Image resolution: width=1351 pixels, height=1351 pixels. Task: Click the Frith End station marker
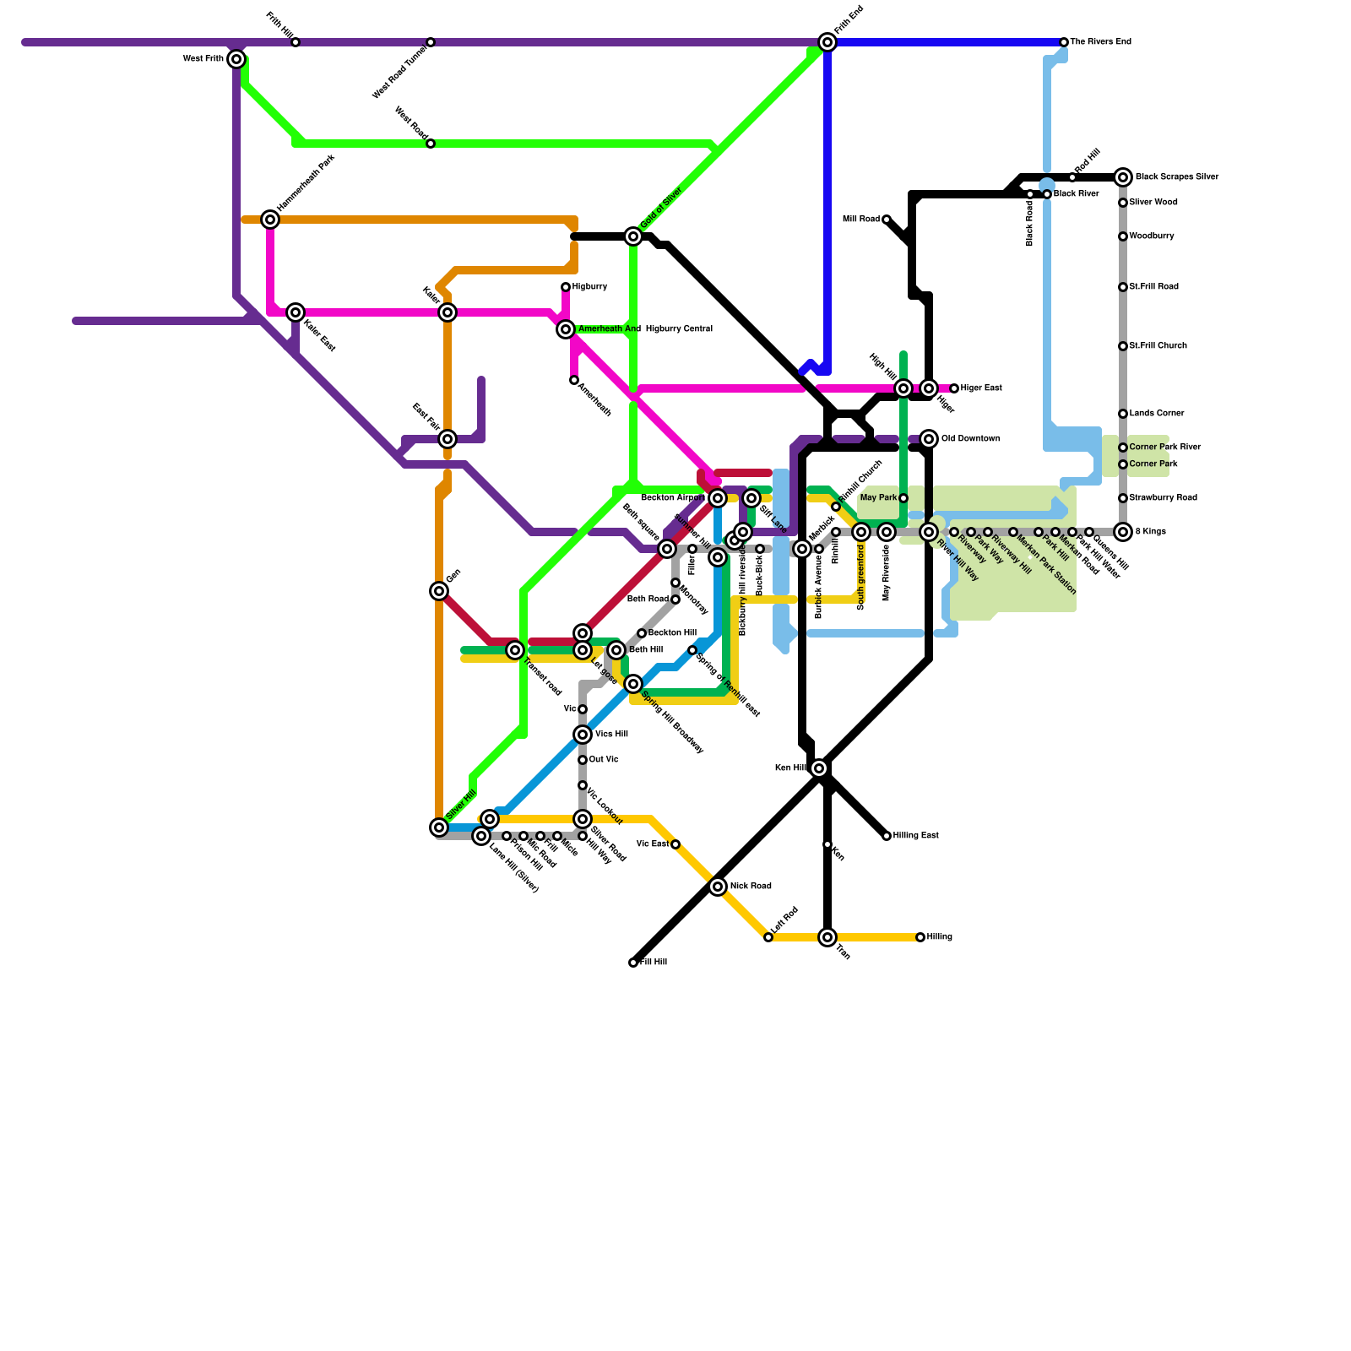[x=827, y=42]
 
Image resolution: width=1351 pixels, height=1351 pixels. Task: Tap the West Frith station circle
[x=236, y=59]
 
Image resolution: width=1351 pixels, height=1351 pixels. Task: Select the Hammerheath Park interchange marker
[x=270, y=220]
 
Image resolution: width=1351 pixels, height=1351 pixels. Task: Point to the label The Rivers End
[x=1100, y=42]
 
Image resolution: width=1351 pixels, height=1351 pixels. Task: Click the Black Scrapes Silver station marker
[x=1123, y=177]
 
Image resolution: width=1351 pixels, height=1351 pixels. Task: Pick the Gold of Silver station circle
[x=633, y=236]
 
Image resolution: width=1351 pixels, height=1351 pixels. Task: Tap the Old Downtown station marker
[x=929, y=439]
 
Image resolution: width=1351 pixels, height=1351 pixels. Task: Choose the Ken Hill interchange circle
[x=819, y=768]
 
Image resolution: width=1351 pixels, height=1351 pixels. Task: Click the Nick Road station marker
[x=718, y=887]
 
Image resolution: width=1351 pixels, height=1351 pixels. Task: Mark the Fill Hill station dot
[x=633, y=963]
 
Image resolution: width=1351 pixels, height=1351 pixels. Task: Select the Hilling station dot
[x=920, y=937]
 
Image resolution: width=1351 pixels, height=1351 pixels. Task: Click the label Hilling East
[x=915, y=836]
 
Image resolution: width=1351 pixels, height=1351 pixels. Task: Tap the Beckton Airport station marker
[x=718, y=498]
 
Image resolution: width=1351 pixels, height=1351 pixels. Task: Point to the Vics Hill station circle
[x=583, y=735]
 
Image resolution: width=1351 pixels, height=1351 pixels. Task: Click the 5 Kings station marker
[x=1123, y=532]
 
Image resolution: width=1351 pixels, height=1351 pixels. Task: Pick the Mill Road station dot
[x=887, y=220]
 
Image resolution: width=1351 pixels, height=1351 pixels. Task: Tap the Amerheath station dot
[x=574, y=380]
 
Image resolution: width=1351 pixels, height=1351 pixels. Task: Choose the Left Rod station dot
[x=768, y=937]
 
